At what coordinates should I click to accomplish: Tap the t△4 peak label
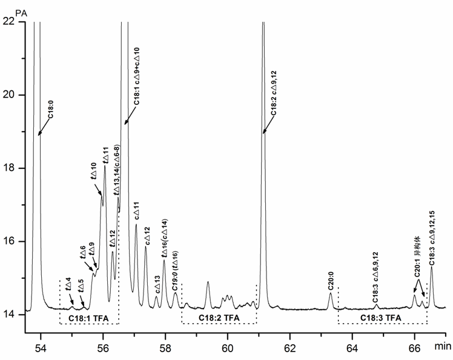[70, 282]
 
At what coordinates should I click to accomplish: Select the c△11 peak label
[136, 212]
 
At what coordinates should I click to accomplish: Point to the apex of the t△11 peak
[105, 166]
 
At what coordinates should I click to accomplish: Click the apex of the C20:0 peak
[331, 293]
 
